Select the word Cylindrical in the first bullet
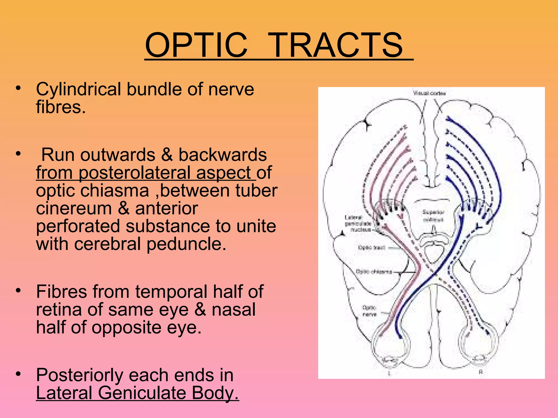point(78,89)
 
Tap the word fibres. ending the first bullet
point(61,107)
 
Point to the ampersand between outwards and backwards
point(167,155)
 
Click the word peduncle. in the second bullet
point(186,244)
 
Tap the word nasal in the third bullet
point(234,309)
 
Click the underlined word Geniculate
point(142,393)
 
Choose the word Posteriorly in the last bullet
point(79,375)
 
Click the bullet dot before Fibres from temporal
point(18,290)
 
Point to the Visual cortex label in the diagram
point(429,93)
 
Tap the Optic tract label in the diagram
point(371,248)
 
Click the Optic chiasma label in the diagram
point(374,272)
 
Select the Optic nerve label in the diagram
point(369,311)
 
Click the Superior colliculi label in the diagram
point(433,216)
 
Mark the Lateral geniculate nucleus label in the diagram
point(357,223)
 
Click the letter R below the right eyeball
point(481,372)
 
